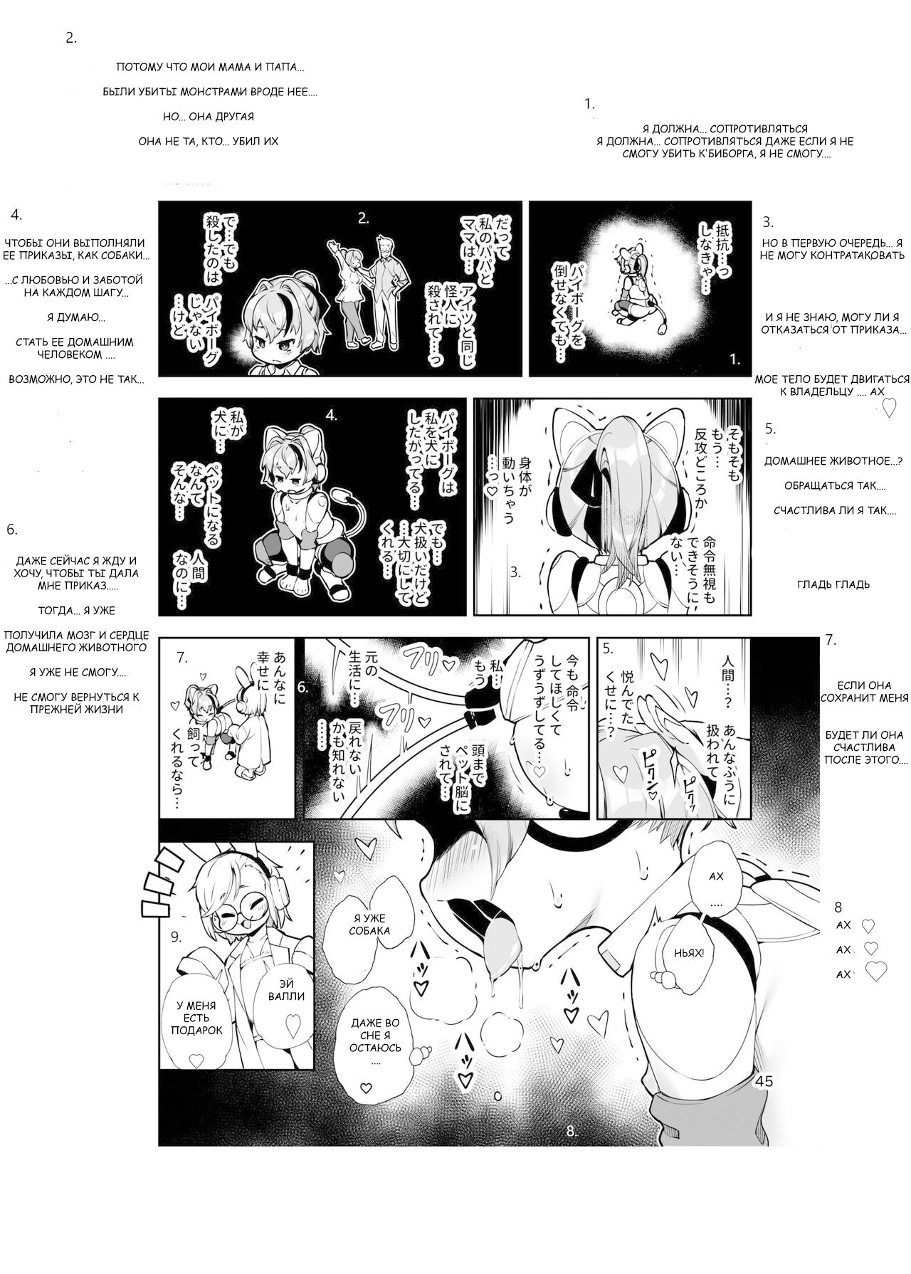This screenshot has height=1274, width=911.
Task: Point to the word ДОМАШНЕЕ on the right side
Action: coord(796,461)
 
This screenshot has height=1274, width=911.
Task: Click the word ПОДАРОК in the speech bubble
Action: coord(197,1030)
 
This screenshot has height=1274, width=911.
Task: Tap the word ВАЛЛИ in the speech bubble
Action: coord(286,996)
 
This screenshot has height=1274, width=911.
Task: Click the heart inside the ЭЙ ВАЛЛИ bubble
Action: coord(290,1026)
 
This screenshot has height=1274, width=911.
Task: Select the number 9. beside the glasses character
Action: coord(177,937)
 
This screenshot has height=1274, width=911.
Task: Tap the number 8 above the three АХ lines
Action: coord(838,907)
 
